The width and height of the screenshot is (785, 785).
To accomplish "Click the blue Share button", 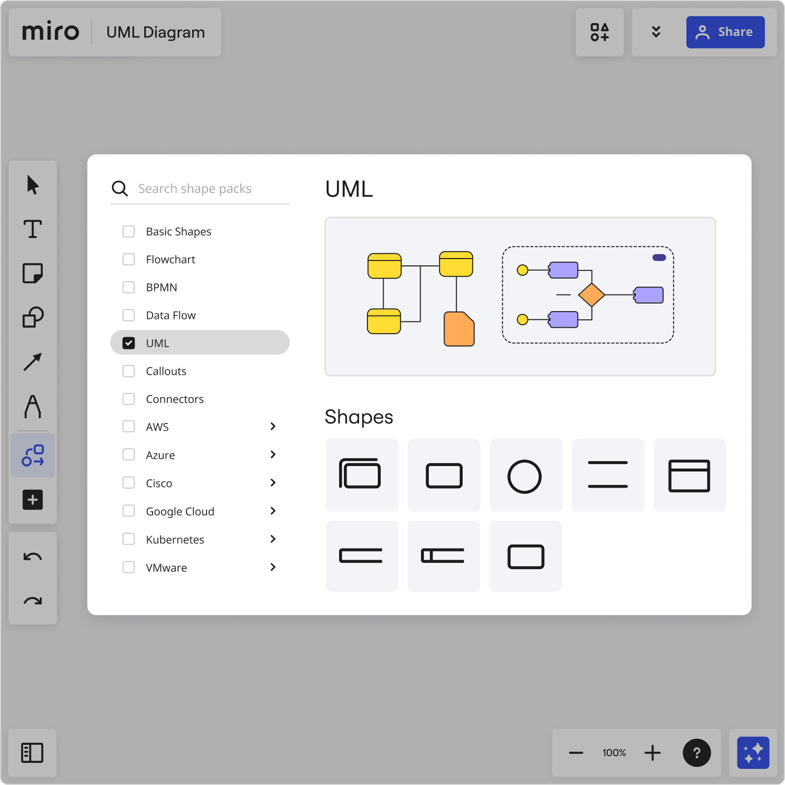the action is pyautogui.click(x=725, y=32).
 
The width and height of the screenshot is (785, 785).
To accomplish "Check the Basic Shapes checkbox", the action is pyautogui.click(x=129, y=232).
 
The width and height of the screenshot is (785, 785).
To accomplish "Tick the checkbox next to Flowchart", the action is pyautogui.click(x=129, y=260).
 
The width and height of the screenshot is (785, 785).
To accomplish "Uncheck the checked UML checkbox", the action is pyautogui.click(x=129, y=343).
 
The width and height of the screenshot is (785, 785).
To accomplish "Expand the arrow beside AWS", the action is pyautogui.click(x=273, y=427).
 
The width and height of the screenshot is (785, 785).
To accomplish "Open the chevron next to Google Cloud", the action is pyautogui.click(x=273, y=511).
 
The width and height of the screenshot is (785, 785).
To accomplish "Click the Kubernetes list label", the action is pyautogui.click(x=175, y=540).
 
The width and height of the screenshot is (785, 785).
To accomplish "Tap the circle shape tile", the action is pyautogui.click(x=525, y=475).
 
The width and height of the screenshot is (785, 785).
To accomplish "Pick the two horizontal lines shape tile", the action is pyautogui.click(x=608, y=475).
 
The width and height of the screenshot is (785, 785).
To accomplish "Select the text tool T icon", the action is pyautogui.click(x=33, y=229).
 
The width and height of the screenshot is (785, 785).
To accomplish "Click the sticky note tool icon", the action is pyautogui.click(x=33, y=273).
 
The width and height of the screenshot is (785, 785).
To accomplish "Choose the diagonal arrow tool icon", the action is pyautogui.click(x=33, y=362).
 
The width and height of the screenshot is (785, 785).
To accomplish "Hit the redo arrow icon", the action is pyautogui.click(x=33, y=601).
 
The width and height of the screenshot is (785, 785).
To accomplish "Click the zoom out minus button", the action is pyautogui.click(x=576, y=753).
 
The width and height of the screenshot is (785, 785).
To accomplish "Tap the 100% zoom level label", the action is pyautogui.click(x=614, y=753).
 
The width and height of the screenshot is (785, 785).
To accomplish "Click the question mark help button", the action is pyautogui.click(x=697, y=753).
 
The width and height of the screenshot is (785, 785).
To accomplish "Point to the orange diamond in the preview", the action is pyautogui.click(x=591, y=295).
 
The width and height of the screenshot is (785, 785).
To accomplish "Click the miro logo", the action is pyautogui.click(x=51, y=32).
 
